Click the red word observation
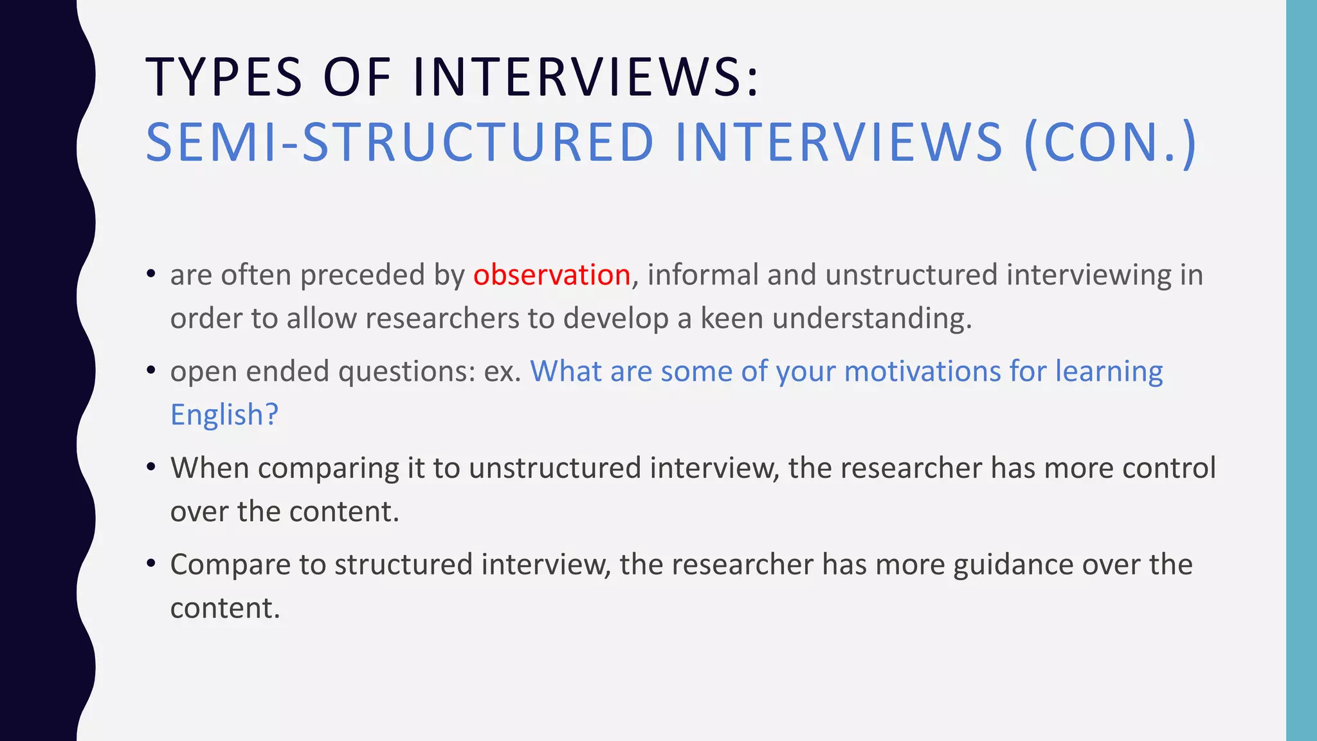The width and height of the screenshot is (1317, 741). click(x=551, y=275)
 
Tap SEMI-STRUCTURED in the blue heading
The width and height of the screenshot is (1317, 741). click(x=399, y=142)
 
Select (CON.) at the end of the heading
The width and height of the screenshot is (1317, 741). click(x=1110, y=142)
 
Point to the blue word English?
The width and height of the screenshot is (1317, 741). click(x=224, y=415)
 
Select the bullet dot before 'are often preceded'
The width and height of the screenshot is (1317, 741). click(x=151, y=275)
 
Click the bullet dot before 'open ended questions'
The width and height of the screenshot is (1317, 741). click(x=151, y=371)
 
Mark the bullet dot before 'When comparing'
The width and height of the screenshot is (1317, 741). click(x=151, y=468)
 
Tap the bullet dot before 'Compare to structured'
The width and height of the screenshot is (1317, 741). click(x=151, y=564)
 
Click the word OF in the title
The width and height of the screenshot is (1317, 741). click(x=357, y=77)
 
